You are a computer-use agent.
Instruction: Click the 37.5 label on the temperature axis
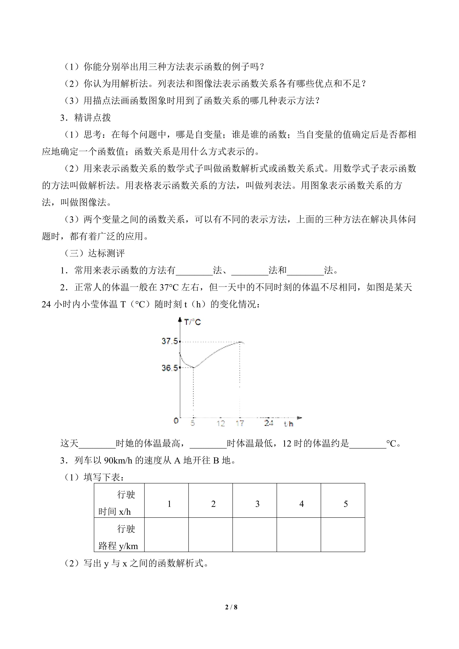[170, 341]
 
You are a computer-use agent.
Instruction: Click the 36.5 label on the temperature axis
[170, 368]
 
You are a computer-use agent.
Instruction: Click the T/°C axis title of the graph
[192, 322]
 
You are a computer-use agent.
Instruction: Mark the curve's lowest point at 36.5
[194, 367]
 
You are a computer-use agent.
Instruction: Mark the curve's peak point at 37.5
[240, 342]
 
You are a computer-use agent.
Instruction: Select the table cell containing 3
[257, 504]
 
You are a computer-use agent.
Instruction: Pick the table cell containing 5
[345, 504]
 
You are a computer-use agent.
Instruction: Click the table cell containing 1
[169, 504]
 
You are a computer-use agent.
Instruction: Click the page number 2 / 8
[231, 607]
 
